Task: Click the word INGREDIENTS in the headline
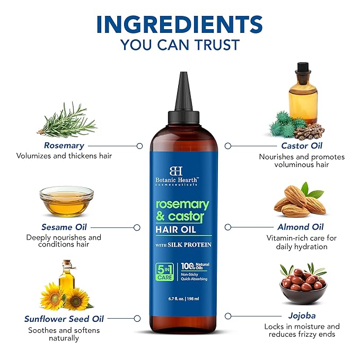pos(180,23)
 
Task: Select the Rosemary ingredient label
pos(64,145)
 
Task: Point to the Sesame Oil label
pos(64,227)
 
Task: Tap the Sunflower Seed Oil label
pos(64,319)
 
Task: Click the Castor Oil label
pos(302,145)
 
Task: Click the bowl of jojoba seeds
pos(303,287)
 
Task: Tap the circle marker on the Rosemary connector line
pos(139,145)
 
